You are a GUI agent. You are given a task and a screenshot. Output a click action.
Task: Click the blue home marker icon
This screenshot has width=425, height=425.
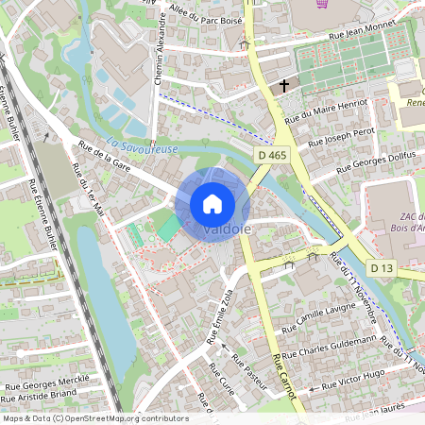tap(212, 203)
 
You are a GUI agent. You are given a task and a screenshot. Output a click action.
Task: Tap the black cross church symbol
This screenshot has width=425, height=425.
tap(283, 87)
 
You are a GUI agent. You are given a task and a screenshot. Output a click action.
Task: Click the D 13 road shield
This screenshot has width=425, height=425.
tap(381, 268)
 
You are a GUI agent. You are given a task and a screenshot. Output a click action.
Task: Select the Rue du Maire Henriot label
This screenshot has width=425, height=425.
tap(325, 109)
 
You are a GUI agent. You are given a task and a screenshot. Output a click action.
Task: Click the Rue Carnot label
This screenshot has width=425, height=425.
tap(284, 375)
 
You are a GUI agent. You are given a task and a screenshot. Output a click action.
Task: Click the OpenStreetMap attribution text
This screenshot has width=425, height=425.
tap(94, 418)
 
